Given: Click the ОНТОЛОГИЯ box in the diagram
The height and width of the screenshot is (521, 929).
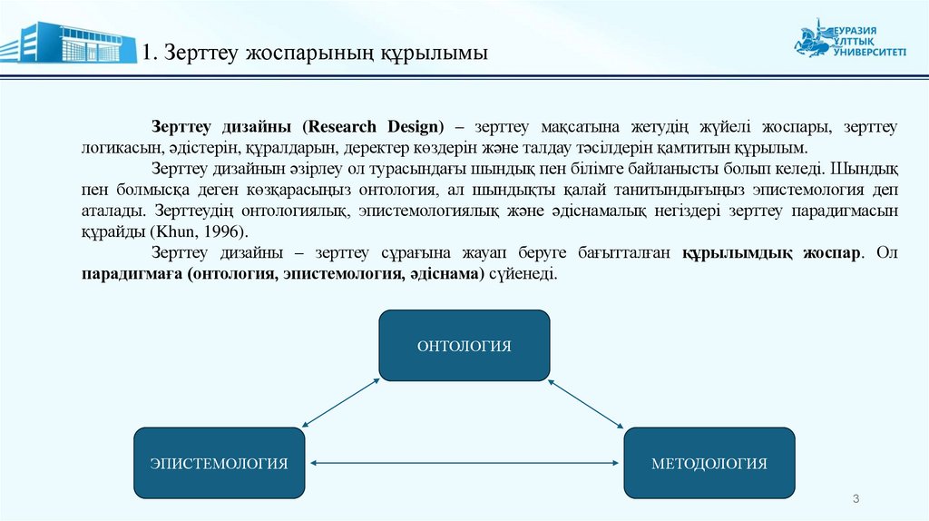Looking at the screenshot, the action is click(x=464, y=345).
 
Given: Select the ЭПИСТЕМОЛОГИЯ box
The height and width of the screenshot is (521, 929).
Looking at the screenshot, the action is click(x=219, y=463).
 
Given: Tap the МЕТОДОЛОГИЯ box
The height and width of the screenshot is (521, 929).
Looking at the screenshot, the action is click(x=709, y=463).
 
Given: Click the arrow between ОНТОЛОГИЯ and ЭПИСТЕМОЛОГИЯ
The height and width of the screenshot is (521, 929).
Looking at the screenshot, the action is click(x=340, y=402).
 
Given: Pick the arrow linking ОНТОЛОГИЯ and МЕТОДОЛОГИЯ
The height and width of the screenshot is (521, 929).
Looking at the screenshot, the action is click(x=586, y=402).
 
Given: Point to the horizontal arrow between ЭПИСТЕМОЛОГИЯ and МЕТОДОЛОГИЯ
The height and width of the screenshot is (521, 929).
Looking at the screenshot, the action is click(x=464, y=464).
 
